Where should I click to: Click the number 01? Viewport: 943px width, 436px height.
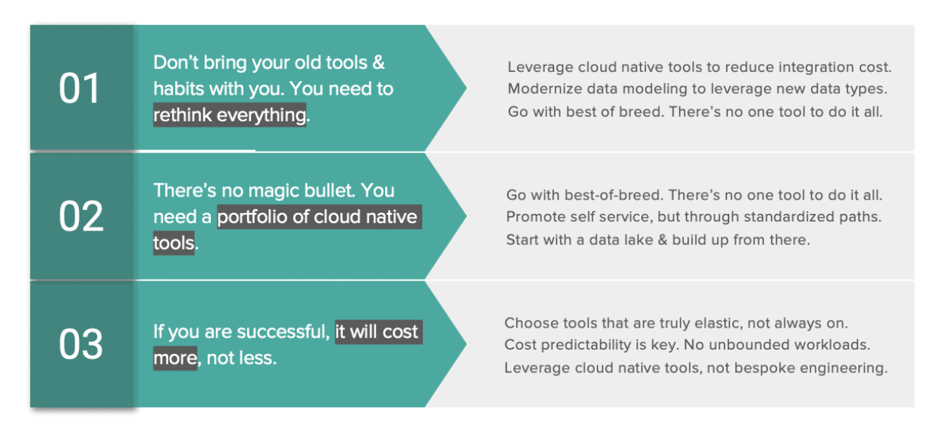point(80,89)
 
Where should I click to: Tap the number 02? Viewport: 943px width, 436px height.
point(80,217)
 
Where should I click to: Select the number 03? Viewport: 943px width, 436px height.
point(80,345)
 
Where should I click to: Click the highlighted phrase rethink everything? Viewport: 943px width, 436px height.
point(230,115)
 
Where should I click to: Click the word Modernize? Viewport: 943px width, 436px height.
point(544,89)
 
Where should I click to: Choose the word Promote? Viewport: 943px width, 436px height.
point(534,217)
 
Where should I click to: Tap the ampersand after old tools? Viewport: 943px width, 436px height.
point(378,63)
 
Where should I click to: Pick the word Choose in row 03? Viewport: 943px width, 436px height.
point(529,323)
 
